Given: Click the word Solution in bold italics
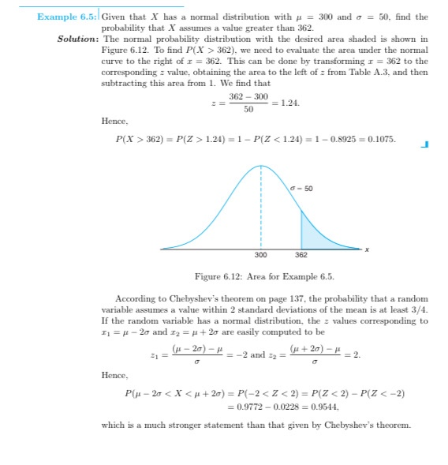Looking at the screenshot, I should (x=78, y=39).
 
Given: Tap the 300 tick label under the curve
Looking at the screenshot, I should (x=261, y=255).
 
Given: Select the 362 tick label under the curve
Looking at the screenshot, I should (x=301, y=255).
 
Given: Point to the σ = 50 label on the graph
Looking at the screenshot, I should (x=302, y=188).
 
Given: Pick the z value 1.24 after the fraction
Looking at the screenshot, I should (x=288, y=103).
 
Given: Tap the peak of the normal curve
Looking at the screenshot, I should (x=261, y=166).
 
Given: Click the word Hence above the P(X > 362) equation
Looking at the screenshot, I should (x=114, y=121).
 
